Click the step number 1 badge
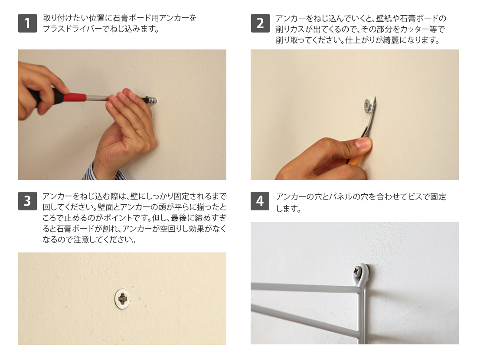(x=27, y=23)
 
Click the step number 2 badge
(x=260, y=23)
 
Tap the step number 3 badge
(x=27, y=201)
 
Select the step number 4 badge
(x=260, y=201)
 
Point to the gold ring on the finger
(x=139, y=128)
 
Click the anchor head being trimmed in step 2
(x=368, y=105)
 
